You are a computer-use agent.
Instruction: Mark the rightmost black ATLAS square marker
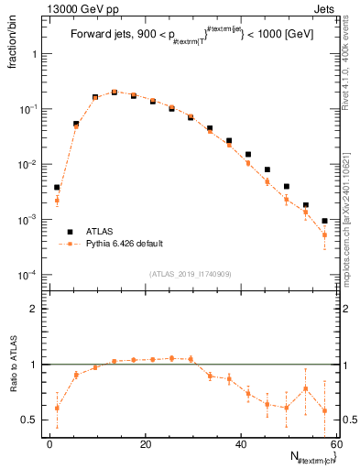pos(325,221)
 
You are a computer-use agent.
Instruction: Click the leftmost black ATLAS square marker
pos(57,187)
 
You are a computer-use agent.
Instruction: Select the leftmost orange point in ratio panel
pos(57,408)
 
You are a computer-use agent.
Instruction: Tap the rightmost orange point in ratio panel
pos(325,410)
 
